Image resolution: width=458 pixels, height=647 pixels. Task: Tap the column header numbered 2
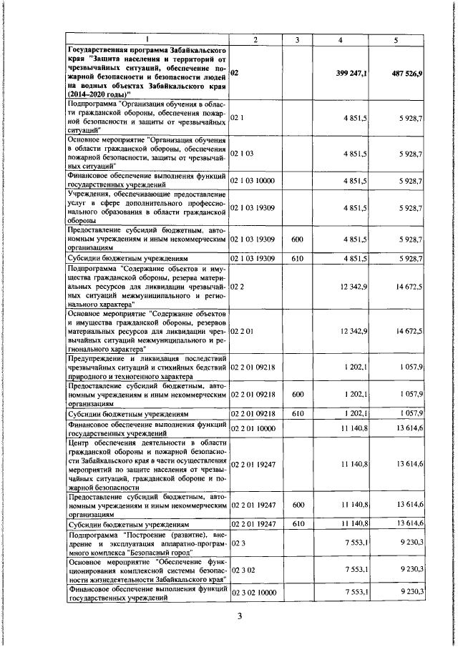pos(254,39)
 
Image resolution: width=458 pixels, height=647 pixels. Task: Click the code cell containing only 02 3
pos(238,543)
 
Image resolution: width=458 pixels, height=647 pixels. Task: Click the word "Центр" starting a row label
pos(79,444)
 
